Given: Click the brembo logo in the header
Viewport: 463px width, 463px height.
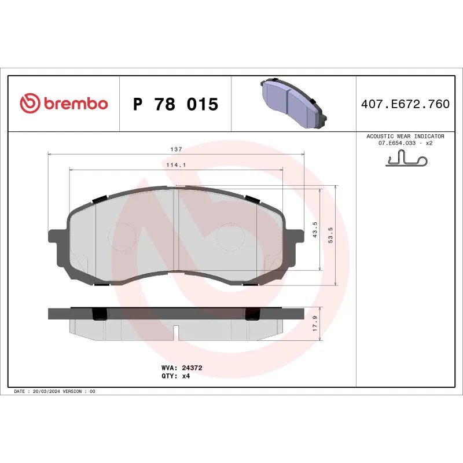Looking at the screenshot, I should (x=64, y=104).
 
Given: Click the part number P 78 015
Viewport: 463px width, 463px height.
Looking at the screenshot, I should (x=175, y=105).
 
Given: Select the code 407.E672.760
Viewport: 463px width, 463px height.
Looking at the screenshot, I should (x=405, y=104).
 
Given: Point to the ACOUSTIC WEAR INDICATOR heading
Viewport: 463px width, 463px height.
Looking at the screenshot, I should (x=405, y=136).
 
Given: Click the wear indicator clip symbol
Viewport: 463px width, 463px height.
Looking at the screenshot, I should (x=405, y=159).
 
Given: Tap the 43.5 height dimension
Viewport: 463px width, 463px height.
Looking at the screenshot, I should (x=314, y=229).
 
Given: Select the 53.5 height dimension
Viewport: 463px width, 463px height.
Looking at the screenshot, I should (x=330, y=229).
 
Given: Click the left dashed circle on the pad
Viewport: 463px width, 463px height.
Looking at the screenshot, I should (x=123, y=236).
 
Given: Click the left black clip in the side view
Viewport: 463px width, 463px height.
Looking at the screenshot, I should (x=100, y=313).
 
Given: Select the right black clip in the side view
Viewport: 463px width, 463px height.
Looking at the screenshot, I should (x=253, y=313).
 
